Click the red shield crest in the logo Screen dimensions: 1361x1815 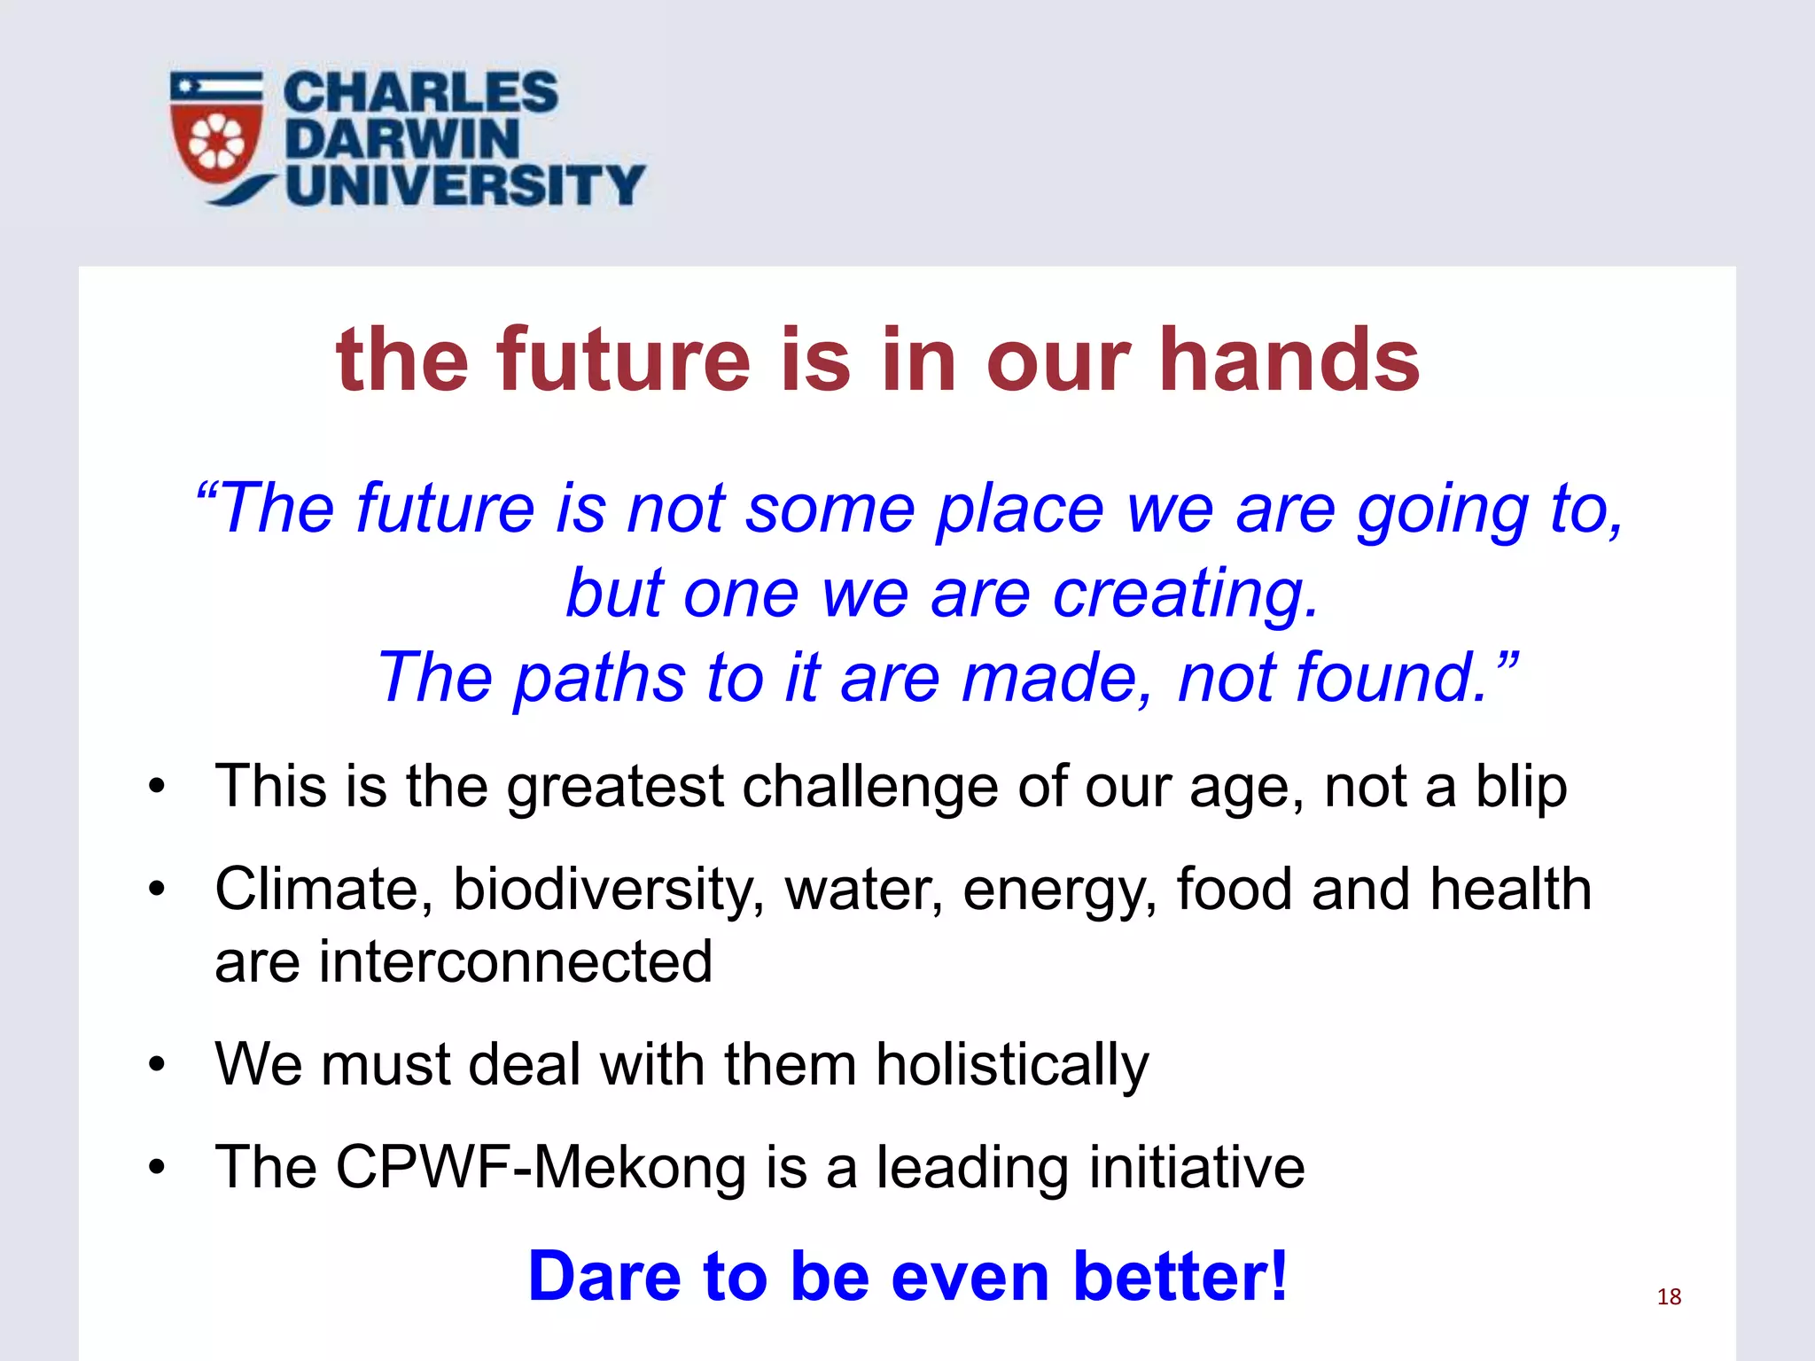[217, 142]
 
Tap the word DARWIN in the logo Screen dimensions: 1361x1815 [401, 139]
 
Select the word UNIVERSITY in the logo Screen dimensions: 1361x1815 [465, 185]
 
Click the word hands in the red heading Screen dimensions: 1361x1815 [1289, 359]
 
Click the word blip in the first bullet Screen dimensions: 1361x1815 [1521, 787]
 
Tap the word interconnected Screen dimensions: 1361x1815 [516, 962]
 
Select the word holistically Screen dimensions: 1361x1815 [1012, 1064]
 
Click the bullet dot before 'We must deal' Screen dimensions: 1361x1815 [157, 1064]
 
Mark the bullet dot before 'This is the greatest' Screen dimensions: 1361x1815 [157, 786]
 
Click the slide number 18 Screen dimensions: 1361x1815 [1669, 1297]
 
